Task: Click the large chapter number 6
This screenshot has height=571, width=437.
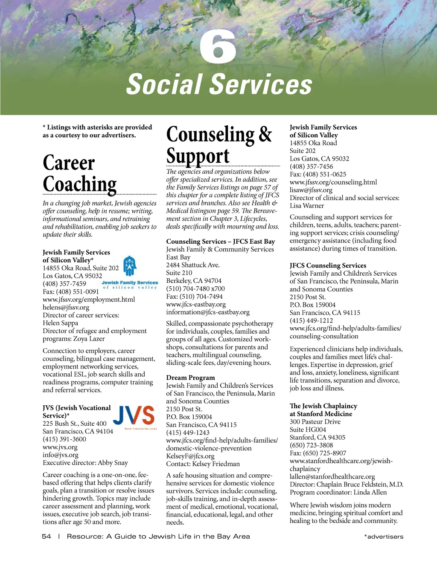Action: point(218,46)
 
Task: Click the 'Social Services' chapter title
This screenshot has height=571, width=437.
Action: point(219,84)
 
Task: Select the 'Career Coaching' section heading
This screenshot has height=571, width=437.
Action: point(80,173)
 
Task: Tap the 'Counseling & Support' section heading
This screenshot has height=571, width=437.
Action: point(219,145)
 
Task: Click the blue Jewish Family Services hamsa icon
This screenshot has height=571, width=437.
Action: point(130,266)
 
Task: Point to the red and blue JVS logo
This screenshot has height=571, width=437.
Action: point(134,415)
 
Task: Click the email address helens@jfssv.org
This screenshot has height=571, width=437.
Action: point(66,307)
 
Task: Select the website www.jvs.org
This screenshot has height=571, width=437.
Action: point(60,447)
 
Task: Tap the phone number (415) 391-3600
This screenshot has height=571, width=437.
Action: point(64,439)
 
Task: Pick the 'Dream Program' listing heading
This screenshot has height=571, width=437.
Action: point(190,378)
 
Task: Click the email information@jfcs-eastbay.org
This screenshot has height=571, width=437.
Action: point(208,312)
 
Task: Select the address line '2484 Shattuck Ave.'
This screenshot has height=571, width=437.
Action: point(193,265)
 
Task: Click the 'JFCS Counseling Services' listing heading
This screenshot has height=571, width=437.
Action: point(328,265)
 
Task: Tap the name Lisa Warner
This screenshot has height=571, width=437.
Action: point(307,206)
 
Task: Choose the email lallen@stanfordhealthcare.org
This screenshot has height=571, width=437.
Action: point(332,476)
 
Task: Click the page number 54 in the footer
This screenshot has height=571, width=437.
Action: point(47,536)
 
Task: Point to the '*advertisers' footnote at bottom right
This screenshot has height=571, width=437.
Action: point(383,537)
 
